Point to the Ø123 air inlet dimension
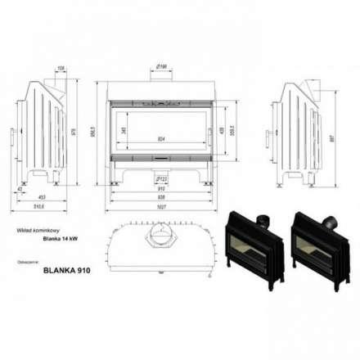(x=161, y=177)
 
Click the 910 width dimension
(x=161, y=187)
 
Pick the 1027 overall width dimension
(x=161, y=205)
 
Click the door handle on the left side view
(x=11, y=134)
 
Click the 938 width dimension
(x=161, y=196)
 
